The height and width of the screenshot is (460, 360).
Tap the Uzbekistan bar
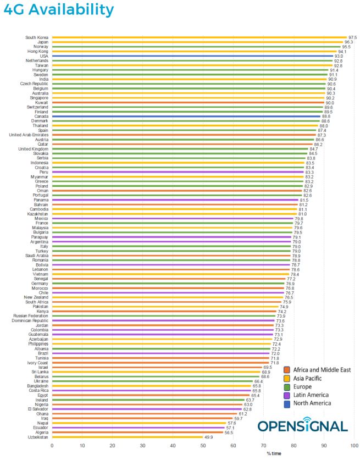coord(127,437)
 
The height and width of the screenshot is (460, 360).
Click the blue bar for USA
coord(192,56)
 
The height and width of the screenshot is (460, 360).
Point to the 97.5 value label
coord(352,37)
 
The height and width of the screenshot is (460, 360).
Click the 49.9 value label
coord(209,437)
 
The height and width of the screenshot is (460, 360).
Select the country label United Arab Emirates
coord(29,135)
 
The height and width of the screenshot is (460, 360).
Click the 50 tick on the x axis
coord(203,446)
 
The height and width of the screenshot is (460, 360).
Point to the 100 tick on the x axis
coord(355,446)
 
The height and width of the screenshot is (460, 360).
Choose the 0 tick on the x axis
coord(52,446)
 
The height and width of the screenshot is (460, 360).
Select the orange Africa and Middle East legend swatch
coord(286,370)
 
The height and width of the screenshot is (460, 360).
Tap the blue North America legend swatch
coord(286,403)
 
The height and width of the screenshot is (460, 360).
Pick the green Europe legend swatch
coord(286,386)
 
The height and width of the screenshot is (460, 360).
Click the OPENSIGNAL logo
coord(302,426)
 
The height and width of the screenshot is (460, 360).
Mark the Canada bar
coord(186,117)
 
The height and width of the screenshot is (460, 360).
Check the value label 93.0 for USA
coord(339,56)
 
